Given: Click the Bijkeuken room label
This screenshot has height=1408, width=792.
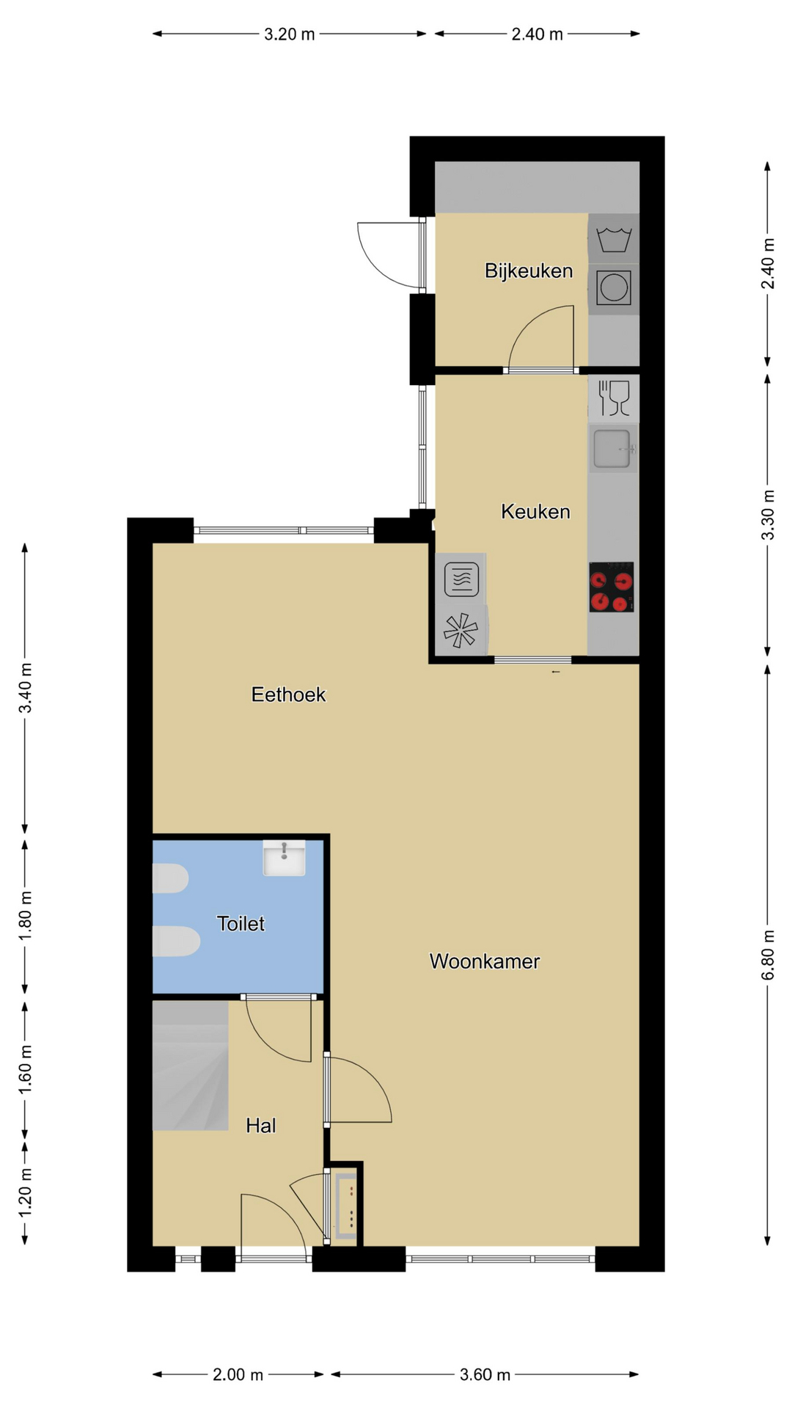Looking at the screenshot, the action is [x=529, y=271].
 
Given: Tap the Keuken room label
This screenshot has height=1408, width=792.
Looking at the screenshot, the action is [x=535, y=512].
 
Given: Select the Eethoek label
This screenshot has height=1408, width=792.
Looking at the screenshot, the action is [x=288, y=694].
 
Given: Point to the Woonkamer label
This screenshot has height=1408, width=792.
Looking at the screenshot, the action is [x=485, y=961].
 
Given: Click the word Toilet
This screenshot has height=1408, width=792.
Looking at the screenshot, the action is [x=241, y=923].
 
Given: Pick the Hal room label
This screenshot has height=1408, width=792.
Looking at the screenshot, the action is [x=260, y=1126].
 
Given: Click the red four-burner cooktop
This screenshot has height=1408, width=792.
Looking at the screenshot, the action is [x=612, y=587].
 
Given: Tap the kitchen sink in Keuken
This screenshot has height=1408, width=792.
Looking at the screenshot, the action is [x=613, y=449].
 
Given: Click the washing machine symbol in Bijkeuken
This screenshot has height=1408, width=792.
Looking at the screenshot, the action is [x=614, y=239].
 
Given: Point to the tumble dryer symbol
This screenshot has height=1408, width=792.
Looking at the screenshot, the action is [x=613, y=287].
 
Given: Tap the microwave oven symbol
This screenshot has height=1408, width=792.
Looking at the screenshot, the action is [x=461, y=579].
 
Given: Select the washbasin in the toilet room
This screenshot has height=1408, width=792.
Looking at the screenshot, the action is [x=284, y=858].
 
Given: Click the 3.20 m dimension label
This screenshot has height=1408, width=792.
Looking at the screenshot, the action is [x=290, y=34].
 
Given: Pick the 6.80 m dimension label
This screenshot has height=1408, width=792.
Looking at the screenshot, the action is [x=768, y=955].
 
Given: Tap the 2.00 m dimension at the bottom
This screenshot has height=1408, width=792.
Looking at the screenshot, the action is [x=238, y=1374].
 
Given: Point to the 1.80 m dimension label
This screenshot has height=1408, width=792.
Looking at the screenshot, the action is [x=25, y=917].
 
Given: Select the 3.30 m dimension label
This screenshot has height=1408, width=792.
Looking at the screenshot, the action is [x=768, y=515].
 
